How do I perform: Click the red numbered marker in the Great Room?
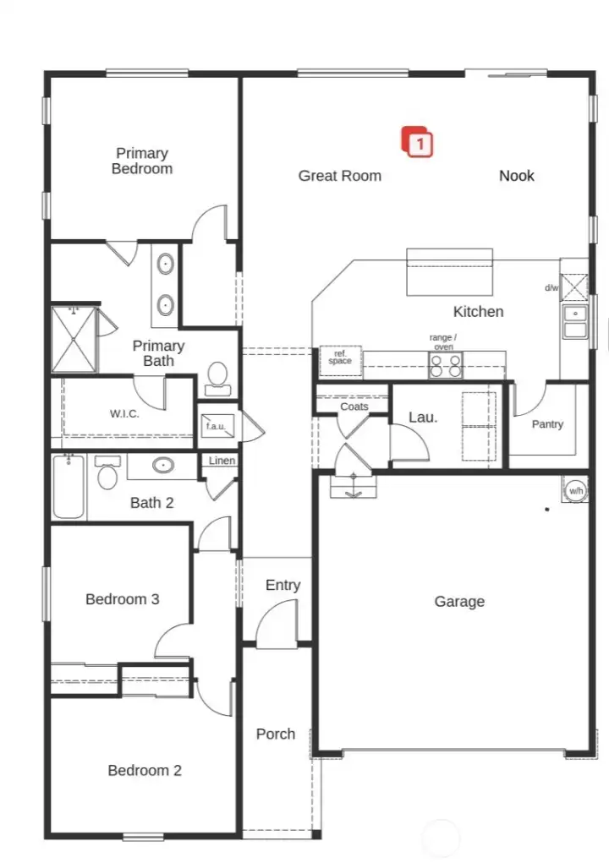(417, 142)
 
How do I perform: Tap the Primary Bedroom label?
(142, 161)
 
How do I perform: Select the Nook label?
(516, 176)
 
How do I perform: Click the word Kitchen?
(478, 312)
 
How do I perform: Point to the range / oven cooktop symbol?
(446, 365)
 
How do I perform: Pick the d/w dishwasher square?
(574, 287)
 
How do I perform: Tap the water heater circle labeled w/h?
(575, 490)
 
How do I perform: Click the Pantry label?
(547, 424)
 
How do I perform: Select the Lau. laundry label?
(422, 417)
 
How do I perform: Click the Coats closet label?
(354, 407)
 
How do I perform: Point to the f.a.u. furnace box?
(216, 426)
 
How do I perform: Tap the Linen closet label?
(222, 461)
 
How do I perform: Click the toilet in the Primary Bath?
(217, 376)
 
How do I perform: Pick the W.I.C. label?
(124, 414)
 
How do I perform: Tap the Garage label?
(459, 602)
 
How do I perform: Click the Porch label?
(276, 734)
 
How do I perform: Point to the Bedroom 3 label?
(123, 599)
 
